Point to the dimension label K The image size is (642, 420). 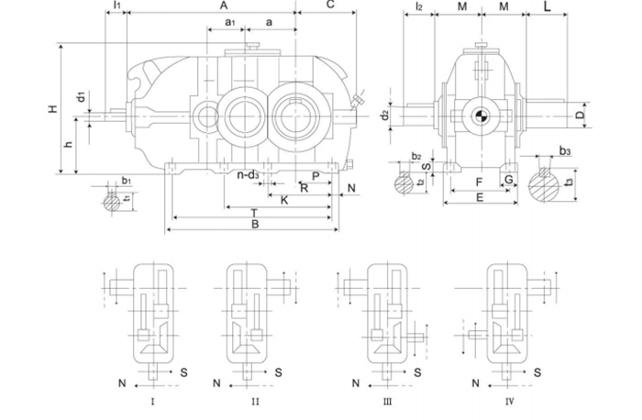[285, 199]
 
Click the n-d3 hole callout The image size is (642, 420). [248, 174]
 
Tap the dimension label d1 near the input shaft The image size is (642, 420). [81, 97]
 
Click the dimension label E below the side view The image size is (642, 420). [479, 198]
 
